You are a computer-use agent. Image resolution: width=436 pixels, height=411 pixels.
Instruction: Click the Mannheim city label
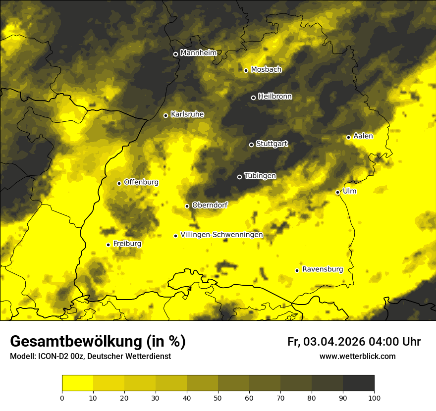click(199, 53)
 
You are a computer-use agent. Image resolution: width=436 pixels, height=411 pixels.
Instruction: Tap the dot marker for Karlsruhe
click(166, 115)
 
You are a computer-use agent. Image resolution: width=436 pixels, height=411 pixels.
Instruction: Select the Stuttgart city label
click(272, 144)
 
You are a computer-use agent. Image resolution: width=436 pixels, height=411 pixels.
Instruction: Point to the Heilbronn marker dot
click(253, 98)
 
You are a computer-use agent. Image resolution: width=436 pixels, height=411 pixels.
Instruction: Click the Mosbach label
click(266, 70)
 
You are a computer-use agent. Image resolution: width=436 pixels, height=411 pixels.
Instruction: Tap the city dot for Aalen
click(349, 137)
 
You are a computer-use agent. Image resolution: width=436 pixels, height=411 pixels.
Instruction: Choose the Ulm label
click(349, 191)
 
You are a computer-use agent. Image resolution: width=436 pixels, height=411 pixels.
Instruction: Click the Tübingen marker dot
click(240, 177)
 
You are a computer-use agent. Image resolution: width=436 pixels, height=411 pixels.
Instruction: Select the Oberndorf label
click(210, 205)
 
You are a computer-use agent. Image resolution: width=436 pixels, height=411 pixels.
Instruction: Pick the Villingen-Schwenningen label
click(222, 235)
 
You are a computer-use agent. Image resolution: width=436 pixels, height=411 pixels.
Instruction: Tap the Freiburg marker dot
click(108, 245)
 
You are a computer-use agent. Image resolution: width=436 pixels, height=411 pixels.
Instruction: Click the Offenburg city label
click(141, 182)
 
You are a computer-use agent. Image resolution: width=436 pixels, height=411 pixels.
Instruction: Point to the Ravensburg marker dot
click(297, 270)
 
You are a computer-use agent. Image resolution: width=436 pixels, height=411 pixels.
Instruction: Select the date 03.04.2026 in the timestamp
click(334, 342)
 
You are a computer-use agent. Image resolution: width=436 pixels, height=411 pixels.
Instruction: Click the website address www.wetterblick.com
click(358, 356)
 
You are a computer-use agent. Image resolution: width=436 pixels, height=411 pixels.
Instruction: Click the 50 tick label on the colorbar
click(218, 397)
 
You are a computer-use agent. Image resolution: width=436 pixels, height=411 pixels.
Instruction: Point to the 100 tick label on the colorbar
click(374, 397)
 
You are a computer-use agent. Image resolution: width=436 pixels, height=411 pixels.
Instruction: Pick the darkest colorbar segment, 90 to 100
click(358, 383)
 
